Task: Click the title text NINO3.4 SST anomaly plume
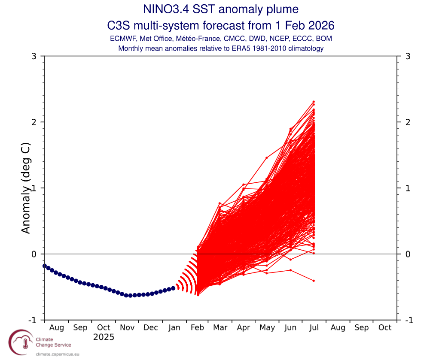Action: point(220,9)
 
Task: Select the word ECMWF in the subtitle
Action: point(123,39)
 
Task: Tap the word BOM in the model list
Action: point(324,39)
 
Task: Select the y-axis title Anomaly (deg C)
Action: point(26,188)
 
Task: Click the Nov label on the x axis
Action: point(127,328)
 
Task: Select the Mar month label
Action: point(220,328)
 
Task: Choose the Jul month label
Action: point(314,328)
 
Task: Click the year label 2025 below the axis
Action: point(104,337)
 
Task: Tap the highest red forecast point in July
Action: point(314,102)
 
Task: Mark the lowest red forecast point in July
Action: point(314,281)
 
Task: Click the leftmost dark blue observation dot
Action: point(44,266)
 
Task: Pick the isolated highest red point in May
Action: point(266,158)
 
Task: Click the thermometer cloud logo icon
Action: point(21,342)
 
